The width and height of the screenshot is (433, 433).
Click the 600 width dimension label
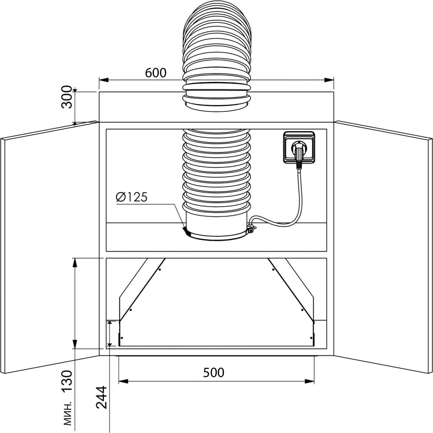pos(156,73)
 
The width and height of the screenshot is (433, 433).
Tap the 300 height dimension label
pos(67,97)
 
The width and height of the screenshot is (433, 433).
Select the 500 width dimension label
pos(214,373)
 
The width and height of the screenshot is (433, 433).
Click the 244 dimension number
pos(101,397)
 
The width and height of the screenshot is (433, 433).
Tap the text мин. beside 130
pos(68,413)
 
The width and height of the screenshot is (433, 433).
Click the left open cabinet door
pos(50,247)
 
